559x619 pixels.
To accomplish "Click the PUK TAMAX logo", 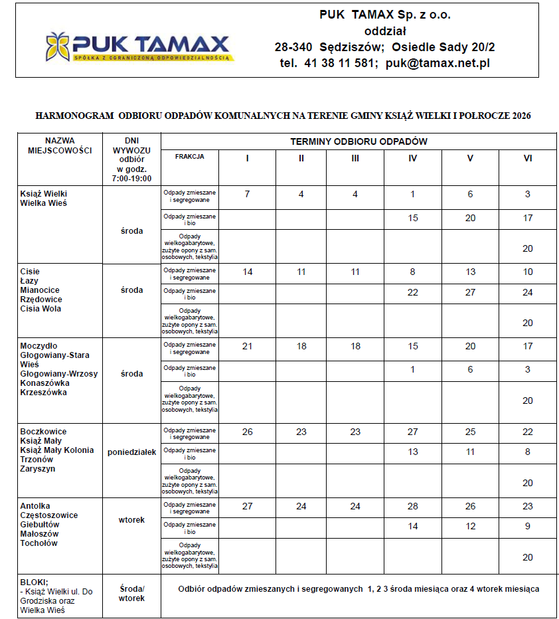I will point(137,46).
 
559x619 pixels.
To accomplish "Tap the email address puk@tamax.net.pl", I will point(438,63).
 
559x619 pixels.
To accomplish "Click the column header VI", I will point(528,159).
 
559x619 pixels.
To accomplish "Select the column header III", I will point(355,159).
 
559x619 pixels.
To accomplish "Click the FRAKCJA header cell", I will point(190,157).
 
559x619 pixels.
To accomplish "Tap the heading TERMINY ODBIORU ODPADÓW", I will point(359,141).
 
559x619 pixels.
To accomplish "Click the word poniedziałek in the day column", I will point(131,452).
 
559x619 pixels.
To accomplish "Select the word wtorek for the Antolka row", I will point(131,520).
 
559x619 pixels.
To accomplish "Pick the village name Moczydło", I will point(39,346).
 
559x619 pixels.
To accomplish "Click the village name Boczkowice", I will point(43,432).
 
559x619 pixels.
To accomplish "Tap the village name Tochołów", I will point(39,543).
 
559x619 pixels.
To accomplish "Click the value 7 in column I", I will point(247,194).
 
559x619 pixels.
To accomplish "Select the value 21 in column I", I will point(247,346).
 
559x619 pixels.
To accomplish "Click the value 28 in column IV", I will point(412,506).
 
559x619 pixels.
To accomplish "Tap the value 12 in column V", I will point(470,526).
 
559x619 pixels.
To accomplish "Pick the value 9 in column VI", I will point(528,526).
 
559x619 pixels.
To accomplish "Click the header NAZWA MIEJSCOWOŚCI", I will point(60,145).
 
